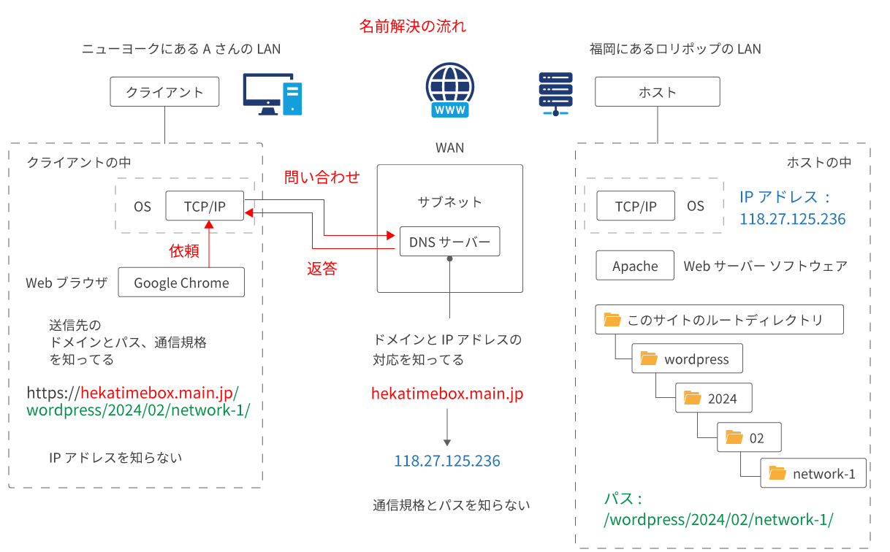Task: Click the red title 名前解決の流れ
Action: (x=412, y=27)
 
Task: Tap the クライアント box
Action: (x=164, y=93)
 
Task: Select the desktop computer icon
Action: (x=273, y=94)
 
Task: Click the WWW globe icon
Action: (x=449, y=91)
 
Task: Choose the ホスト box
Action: (x=657, y=92)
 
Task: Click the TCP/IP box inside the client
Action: (x=205, y=206)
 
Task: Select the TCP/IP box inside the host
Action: (x=636, y=206)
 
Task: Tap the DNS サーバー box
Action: (x=449, y=242)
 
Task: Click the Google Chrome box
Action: (x=181, y=283)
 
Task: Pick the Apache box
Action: (x=634, y=266)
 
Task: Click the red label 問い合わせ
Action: (x=322, y=177)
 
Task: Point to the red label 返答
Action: (x=322, y=269)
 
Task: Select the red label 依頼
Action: (x=184, y=251)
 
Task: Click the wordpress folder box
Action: (x=687, y=359)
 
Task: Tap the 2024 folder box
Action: (x=712, y=398)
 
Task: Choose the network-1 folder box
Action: (x=813, y=473)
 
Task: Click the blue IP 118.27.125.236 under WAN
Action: (x=447, y=461)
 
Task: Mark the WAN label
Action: (x=449, y=147)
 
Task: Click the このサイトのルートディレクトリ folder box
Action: (x=719, y=320)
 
